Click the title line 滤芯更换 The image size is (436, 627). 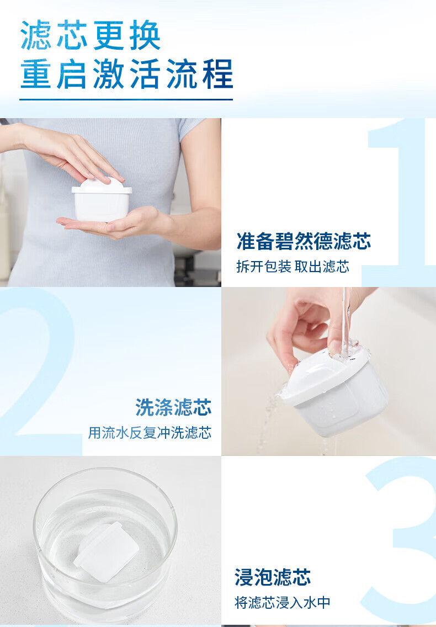[91, 35]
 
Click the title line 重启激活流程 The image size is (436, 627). [126, 74]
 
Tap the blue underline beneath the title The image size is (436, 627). [126, 99]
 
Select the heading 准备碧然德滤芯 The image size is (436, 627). [304, 241]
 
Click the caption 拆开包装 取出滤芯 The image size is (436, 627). [293, 267]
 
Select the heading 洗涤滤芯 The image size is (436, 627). [173, 407]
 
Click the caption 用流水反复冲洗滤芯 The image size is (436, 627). [150, 432]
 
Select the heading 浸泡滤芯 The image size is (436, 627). [273, 577]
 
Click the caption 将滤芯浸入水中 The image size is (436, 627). [283, 602]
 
